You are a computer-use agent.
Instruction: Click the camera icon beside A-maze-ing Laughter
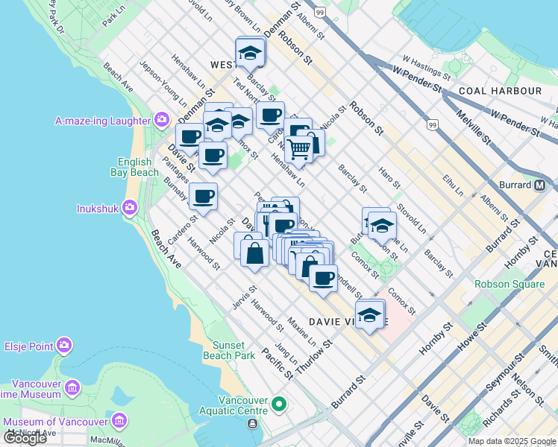[162, 120]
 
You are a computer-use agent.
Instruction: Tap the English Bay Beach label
[138, 168]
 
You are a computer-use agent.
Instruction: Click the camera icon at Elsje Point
[64, 346]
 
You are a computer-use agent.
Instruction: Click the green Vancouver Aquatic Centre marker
[279, 405]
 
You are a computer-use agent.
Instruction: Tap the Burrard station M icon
[539, 185]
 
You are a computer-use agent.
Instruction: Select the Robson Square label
[505, 284]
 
